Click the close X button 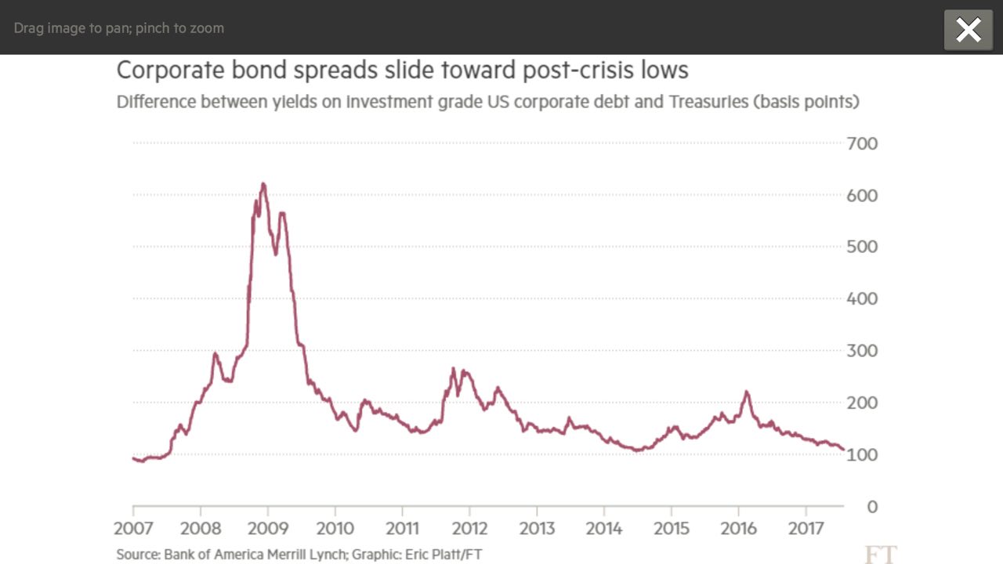[x=969, y=31]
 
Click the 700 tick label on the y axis [x=862, y=143]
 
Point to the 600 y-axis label [x=862, y=195]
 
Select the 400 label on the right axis [x=862, y=298]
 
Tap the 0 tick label [x=872, y=507]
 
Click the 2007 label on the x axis [x=133, y=529]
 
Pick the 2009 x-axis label [x=267, y=529]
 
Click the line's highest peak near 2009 [x=263, y=184]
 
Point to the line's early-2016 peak [x=747, y=392]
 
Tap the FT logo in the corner [x=880, y=555]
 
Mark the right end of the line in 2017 [x=843, y=449]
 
